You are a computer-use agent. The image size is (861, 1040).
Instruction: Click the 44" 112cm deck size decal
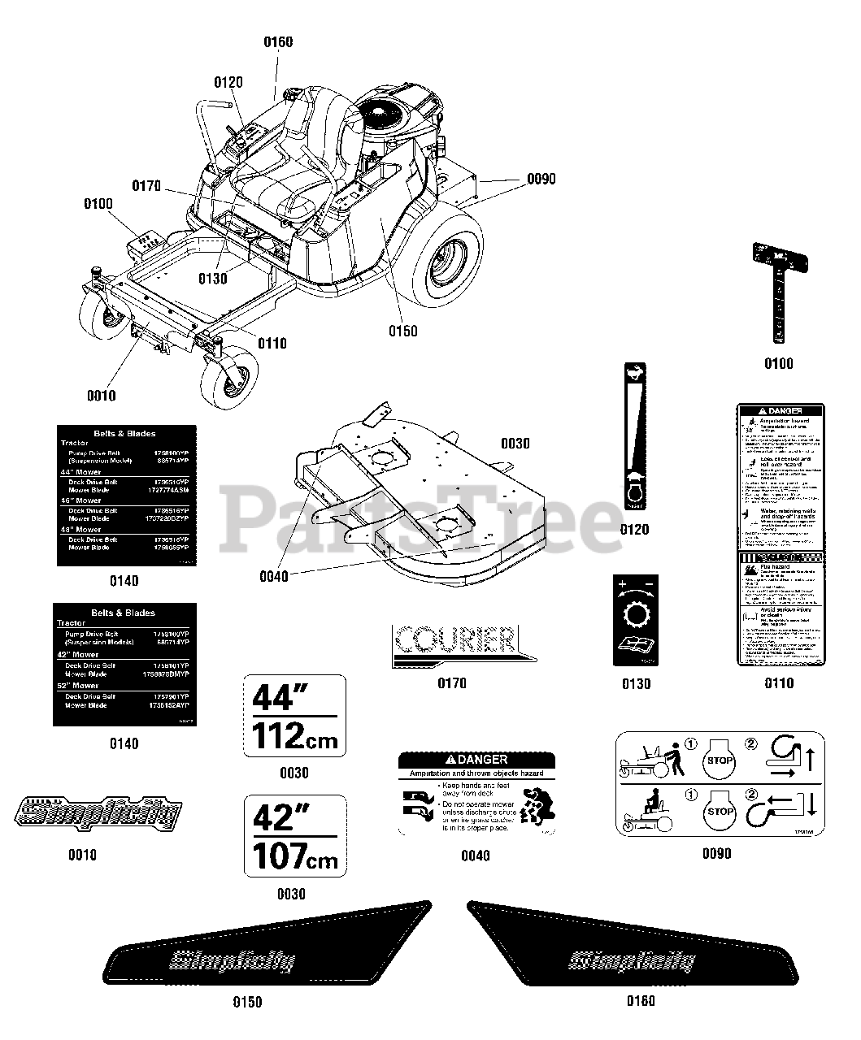point(294,716)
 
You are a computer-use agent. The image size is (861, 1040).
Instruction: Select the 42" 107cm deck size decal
point(294,836)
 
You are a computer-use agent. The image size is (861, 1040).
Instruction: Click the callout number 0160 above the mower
point(278,42)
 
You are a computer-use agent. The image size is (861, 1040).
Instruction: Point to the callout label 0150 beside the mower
point(402,331)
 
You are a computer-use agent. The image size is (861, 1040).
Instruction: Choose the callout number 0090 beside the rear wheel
point(541,179)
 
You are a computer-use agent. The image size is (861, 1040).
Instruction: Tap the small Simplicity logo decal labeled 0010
point(98,813)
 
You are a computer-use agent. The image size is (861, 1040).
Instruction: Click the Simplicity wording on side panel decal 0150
point(232,960)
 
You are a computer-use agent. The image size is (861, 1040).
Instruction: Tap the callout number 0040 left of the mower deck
point(273,576)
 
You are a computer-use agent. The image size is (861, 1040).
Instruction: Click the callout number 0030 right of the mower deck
point(515,444)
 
